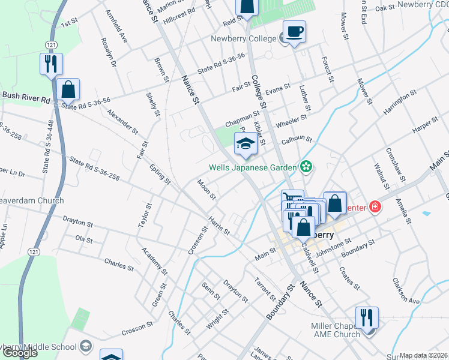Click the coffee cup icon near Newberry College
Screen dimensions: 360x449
point(294,31)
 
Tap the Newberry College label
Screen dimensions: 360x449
point(244,39)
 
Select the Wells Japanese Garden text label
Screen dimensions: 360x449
point(253,167)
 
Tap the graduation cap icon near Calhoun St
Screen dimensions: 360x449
point(245,143)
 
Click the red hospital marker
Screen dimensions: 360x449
point(376,207)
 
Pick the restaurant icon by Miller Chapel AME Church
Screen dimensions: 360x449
point(366,318)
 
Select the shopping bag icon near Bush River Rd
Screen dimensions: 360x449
point(69,90)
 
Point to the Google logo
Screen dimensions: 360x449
point(20,353)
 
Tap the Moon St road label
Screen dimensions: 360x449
point(206,189)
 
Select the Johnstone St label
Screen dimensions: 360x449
point(333,247)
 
